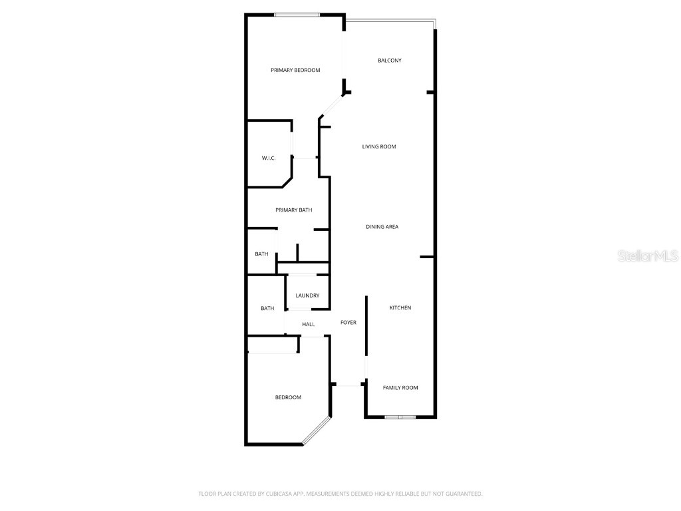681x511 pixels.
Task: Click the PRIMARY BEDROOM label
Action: (x=295, y=70)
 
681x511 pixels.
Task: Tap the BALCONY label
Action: (x=390, y=61)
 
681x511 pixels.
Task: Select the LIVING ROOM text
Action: (x=379, y=146)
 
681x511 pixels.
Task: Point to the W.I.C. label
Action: (x=269, y=158)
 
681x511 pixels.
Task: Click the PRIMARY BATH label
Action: (x=294, y=210)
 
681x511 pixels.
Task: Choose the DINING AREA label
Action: (x=382, y=227)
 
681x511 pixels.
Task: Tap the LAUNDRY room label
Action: (x=307, y=295)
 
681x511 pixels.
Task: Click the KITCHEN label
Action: (x=400, y=307)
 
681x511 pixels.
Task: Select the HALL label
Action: (x=309, y=324)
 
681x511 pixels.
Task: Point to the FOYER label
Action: (x=348, y=323)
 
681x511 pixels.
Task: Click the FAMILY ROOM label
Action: (x=400, y=387)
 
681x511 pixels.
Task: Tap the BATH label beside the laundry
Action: (x=267, y=308)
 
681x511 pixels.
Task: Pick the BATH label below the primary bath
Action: (x=262, y=254)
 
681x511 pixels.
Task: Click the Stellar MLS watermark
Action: (x=648, y=256)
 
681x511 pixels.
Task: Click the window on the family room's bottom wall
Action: (x=400, y=417)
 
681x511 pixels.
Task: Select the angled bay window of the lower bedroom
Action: (x=316, y=430)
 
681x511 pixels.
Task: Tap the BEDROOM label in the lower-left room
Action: (x=288, y=397)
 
